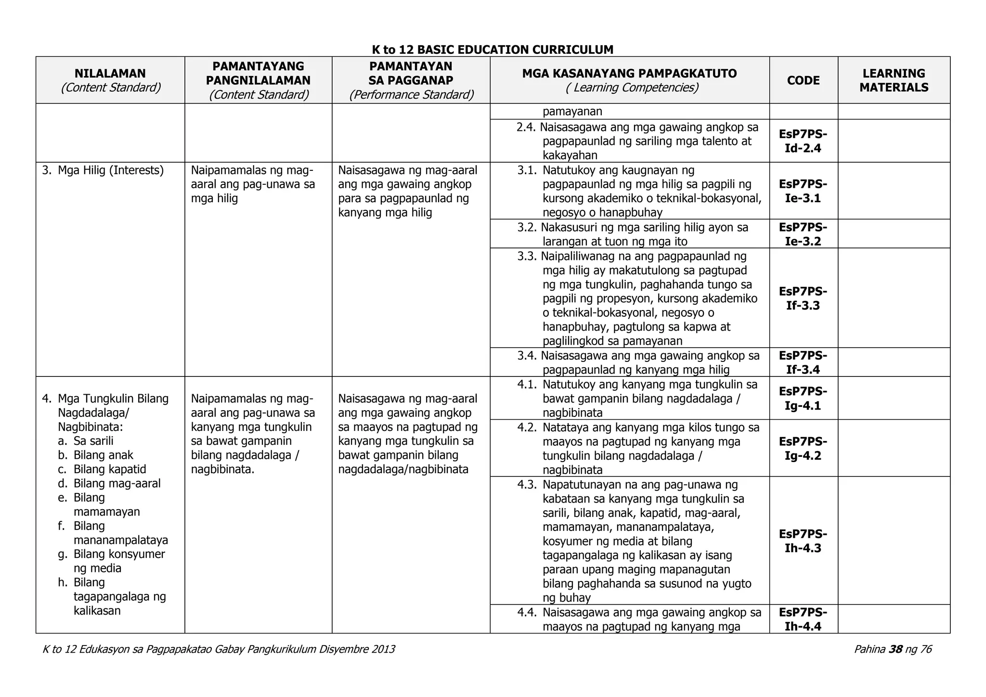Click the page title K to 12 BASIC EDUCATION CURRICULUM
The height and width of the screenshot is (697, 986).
tap(493, 50)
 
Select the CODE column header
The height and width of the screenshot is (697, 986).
tap(803, 80)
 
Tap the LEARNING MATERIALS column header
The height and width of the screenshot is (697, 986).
tap(894, 80)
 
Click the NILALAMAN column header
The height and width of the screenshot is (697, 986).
tap(110, 80)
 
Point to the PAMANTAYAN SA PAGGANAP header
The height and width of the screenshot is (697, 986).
tap(411, 80)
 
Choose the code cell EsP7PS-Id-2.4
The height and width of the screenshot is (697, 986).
tap(803, 141)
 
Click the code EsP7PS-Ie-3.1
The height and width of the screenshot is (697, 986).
tap(803, 191)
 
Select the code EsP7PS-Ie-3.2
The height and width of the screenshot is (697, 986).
tap(803, 234)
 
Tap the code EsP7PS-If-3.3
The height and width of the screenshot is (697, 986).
tap(803, 298)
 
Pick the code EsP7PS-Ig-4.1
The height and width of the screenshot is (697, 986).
tap(803, 398)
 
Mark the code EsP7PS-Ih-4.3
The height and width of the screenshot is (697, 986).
tap(803, 541)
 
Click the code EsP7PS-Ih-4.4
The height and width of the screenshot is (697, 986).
tap(803, 620)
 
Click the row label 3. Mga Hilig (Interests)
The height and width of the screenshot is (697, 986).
tap(103, 170)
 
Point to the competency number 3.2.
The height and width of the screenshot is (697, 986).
tap(527, 227)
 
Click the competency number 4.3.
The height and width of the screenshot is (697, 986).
tap(527, 484)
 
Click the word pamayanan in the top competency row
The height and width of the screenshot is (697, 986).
tap(572, 112)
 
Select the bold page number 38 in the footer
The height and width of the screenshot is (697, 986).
tap(895, 649)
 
